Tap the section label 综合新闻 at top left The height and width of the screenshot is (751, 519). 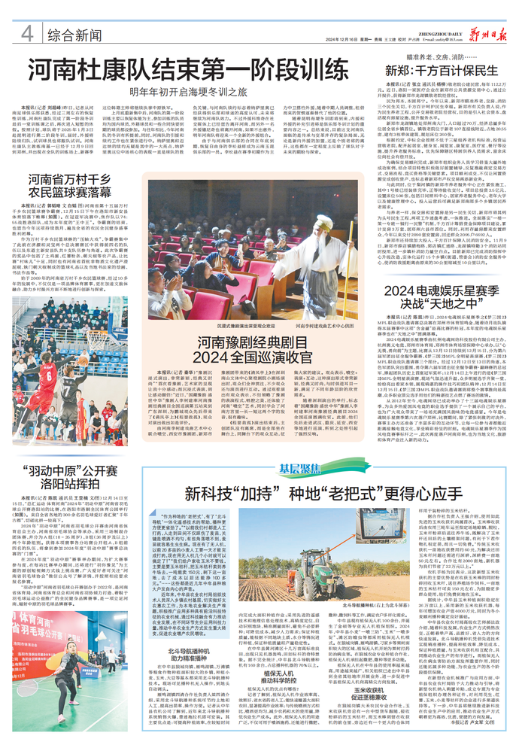(x=74, y=35)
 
